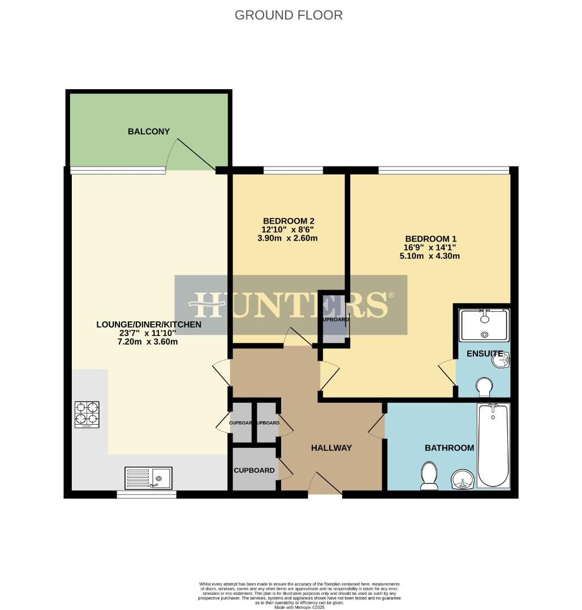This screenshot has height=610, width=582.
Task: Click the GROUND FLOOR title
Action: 288,15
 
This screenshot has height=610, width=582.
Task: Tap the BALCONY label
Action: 149,132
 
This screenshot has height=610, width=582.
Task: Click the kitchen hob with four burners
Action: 87,413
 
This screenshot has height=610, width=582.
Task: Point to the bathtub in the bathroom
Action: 493,446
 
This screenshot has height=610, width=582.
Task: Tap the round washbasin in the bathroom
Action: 463,480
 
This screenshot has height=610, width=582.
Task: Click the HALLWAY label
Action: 331,448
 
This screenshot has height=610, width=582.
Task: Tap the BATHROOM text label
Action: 449,448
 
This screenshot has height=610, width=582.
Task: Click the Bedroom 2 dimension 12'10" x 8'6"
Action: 288,229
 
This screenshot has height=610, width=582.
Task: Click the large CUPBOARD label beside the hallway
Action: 255,470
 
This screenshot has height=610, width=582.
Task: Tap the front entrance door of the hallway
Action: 325,486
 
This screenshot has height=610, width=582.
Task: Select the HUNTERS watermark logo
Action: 291,304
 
